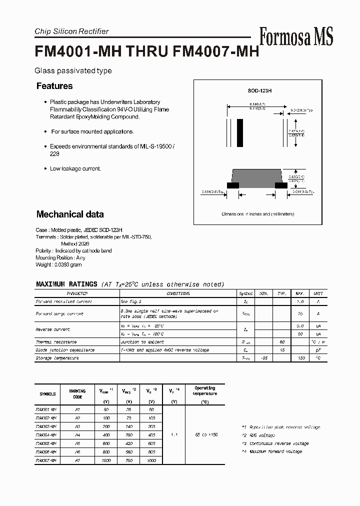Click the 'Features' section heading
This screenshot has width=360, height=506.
click(54, 86)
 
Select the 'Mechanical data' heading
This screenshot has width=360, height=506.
click(70, 214)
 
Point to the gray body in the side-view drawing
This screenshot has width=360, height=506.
click(257, 176)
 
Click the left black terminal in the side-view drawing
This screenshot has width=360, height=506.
click(232, 185)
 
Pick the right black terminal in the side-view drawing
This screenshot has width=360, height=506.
click(281, 185)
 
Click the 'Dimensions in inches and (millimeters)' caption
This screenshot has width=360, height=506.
click(258, 214)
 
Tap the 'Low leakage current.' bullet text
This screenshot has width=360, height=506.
click(75, 168)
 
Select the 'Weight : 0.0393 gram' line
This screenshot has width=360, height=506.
click(58, 264)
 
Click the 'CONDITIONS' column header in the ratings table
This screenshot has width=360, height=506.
click(178, 293)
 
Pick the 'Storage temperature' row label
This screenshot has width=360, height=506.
click(57, 358)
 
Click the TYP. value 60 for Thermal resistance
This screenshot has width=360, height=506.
click(281, 342)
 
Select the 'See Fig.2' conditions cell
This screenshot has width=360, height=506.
click(131, 301)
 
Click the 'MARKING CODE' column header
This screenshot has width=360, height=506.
click(77, 394)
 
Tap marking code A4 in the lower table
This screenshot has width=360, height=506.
click(77, 434)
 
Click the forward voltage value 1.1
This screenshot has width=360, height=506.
click(173, 434)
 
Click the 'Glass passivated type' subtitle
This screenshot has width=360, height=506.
click(73, 71)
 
